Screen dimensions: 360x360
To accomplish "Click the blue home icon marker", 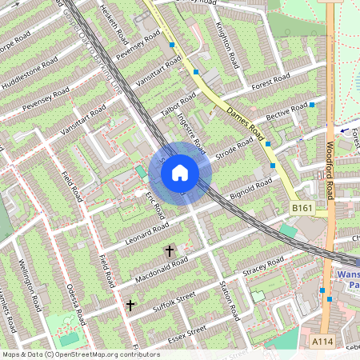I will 180,172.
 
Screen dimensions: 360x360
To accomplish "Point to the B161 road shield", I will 300,207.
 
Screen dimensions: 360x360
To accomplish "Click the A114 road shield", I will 322,342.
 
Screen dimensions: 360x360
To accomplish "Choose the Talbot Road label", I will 178,106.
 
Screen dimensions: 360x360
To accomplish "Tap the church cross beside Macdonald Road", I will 169,251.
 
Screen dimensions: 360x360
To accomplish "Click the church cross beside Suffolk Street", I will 130,305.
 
